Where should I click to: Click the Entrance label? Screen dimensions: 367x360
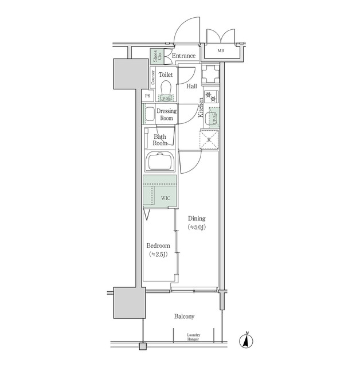(184, 56)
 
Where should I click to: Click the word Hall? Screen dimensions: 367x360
(192, 87)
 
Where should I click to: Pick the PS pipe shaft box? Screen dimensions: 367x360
(148, 96)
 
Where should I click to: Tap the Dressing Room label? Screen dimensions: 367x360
(166, 114)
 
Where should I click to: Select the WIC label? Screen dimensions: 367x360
(166, 198)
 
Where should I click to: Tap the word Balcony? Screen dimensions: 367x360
(184, 316)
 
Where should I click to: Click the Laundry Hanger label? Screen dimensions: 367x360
(193, 337)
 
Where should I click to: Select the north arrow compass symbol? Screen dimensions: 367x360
(246, 340)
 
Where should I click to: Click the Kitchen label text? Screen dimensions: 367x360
(201, 108)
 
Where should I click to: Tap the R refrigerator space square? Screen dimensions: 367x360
(209, 139)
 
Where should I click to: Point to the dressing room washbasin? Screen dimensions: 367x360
(149, 114)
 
